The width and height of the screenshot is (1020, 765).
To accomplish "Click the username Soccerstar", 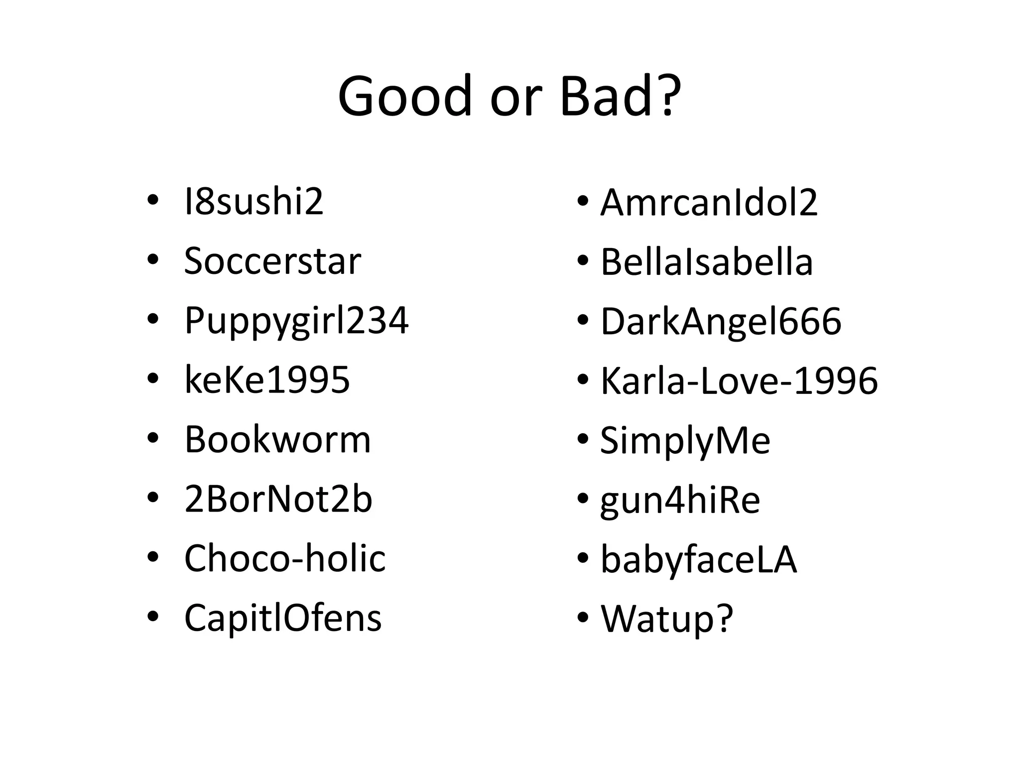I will (272, 261).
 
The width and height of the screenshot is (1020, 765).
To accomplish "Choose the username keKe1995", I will (267, 380).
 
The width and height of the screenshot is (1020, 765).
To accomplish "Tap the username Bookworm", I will (277, 440).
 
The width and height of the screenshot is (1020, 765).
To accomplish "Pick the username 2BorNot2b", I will (278, 499).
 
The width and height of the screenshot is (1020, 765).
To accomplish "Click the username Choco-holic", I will (285, 558).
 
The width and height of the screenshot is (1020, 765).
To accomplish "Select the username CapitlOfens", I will (283, 618).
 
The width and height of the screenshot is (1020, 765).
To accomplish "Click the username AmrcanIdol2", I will (709, 203).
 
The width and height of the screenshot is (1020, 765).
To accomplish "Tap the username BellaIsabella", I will (707, 262).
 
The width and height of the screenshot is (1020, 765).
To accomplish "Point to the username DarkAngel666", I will (721, 321).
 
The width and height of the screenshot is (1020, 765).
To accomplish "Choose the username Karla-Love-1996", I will (739, 381).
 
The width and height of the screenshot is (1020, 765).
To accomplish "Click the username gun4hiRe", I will (680, 501).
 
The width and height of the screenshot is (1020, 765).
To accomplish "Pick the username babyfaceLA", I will (698, 560).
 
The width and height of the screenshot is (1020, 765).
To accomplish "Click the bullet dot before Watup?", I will (583, 618).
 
